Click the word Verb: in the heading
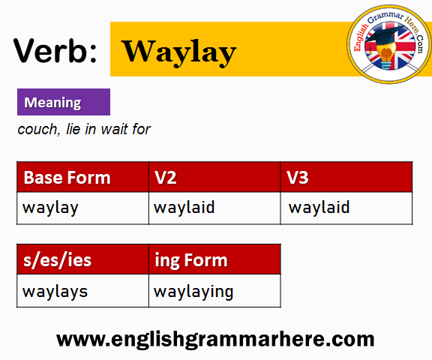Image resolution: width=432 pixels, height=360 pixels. [x=55, y=51]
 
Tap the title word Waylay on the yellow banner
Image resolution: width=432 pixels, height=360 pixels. [x=179, y=52]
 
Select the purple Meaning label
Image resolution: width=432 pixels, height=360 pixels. [x=64, y=102]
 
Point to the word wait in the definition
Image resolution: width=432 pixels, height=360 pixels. [x=114, y=129]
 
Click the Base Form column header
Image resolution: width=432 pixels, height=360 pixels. [x=82, y=177]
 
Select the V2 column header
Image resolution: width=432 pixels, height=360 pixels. [x=214, y=177]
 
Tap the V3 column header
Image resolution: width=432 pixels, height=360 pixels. [x=346, y=177]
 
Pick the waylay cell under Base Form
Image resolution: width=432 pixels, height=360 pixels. [x=82, y=208]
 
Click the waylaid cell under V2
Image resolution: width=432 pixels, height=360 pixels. [x=214, y=208]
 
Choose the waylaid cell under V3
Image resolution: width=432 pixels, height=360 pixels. [x=346, y=208]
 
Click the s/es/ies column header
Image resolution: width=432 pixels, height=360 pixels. [x=82, y=259]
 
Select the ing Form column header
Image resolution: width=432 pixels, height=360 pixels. [x=214, y=259]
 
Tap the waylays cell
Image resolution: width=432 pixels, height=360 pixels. [x=82, y=291]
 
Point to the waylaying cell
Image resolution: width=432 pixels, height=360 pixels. [x=214, y=291]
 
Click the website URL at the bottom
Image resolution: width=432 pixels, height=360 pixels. [x=215, y=339]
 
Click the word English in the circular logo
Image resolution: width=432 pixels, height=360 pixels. [x=360, y=37]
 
